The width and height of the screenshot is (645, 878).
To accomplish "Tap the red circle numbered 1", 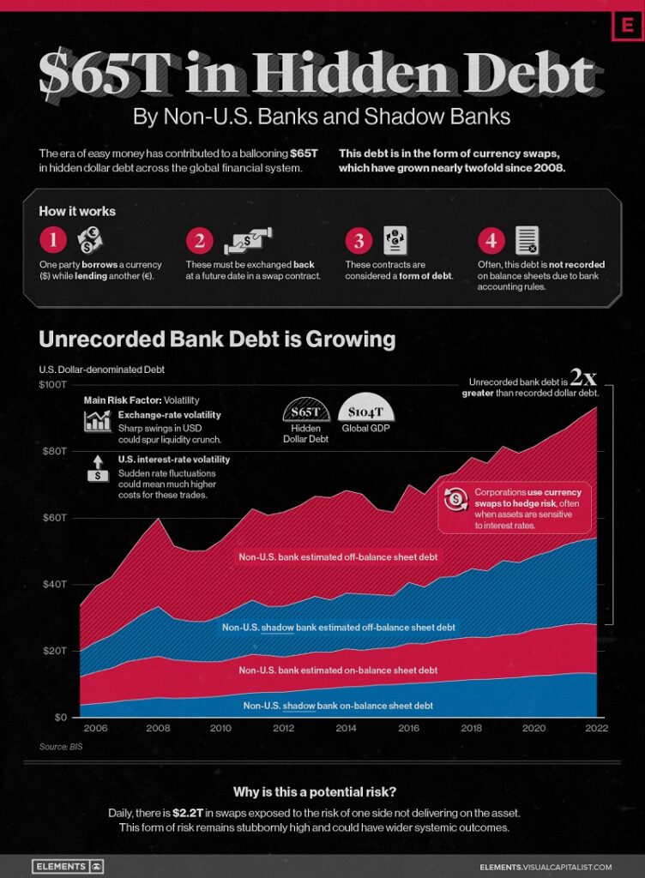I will (52, 241).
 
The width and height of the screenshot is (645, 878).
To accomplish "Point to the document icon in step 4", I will (527, 240).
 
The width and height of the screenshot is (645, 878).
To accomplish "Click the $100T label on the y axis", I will (53, 384).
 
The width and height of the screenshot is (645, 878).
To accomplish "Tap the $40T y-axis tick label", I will (55, 584).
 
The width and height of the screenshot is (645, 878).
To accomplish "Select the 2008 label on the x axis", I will (158, 728).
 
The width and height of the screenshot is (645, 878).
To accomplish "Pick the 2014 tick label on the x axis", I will (346, 728).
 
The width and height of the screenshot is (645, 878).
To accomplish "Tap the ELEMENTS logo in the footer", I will (67, 866).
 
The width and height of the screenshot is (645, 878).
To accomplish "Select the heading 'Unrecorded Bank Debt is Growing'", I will (217, 340).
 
